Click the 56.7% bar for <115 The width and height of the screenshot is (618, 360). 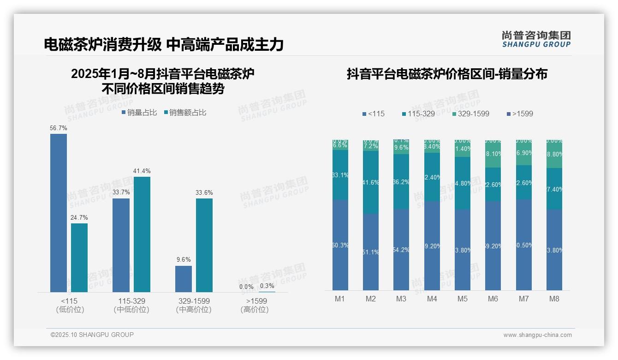59,213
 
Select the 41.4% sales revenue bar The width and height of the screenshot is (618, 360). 142,234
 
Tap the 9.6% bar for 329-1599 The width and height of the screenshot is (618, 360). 184,279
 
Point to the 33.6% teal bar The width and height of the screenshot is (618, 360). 204,245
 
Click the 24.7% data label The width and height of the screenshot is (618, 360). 79,217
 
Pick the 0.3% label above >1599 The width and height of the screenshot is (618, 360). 267,286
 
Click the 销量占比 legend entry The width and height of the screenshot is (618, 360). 139,113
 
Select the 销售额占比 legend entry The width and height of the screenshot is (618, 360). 185,113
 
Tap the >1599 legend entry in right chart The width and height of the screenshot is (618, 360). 520,114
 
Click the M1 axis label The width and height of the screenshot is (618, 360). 340,299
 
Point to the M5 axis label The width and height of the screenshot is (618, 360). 463,299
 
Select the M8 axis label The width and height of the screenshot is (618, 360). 554,299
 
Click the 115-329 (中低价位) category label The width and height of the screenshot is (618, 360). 131,305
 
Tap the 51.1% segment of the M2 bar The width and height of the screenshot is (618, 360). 371,252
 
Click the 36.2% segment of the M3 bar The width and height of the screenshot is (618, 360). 401,181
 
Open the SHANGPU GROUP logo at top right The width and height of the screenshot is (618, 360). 536,39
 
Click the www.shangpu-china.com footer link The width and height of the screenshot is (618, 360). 537,335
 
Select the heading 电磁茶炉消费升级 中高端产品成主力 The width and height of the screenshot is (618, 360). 164,44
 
